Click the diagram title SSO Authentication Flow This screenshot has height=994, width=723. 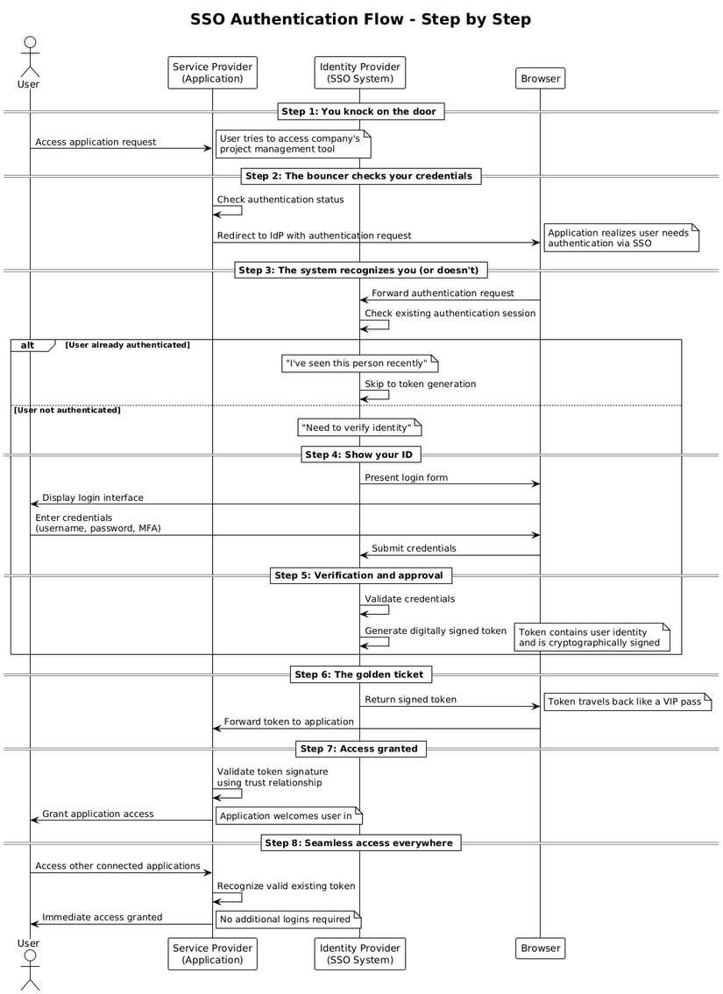click(360, 19)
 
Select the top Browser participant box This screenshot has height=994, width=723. click(540, 79)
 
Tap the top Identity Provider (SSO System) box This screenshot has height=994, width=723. click(360, 73)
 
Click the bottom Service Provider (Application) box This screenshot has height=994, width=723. click(212, 954)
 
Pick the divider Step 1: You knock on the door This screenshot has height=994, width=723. click(360, 111)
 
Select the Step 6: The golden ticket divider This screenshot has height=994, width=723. click(360, 674)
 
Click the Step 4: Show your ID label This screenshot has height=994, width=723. click(360, 455)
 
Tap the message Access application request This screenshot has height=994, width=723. click(96, 142)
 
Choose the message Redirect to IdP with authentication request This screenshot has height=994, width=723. click(314, 236)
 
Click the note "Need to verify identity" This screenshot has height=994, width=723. click(359, 428)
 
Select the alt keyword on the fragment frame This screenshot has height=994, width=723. click(28, 345)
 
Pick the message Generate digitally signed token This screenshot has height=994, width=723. click(436, 631)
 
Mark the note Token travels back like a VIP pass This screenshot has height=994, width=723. click(627, 701)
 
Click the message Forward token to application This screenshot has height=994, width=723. click(289, 722)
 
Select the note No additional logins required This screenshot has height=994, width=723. click(286, 920)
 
